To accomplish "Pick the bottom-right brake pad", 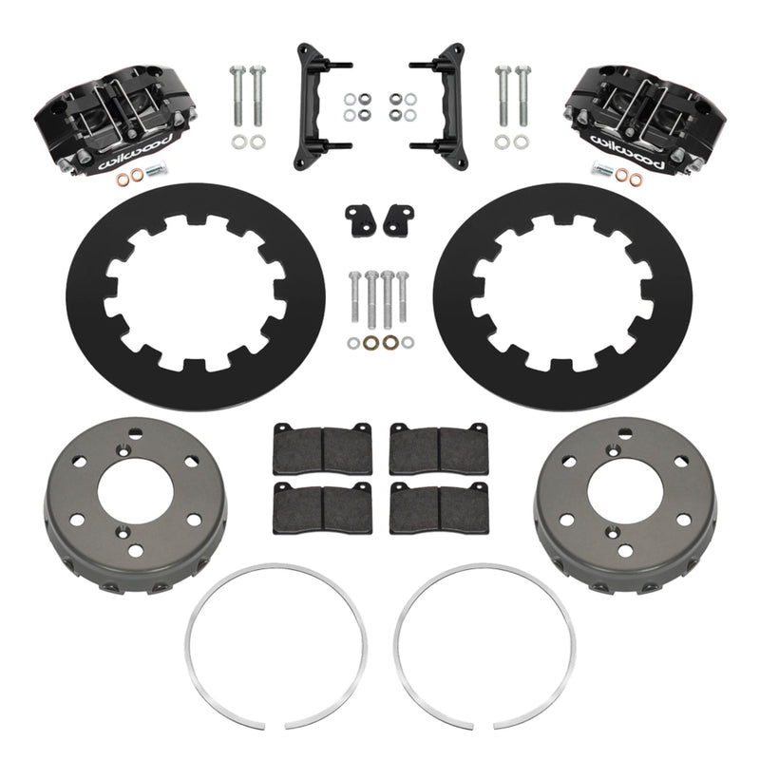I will [438, 509].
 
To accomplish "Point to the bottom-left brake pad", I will [310, 509].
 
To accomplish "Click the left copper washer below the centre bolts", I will [370, 341].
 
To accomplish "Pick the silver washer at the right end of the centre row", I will [408, 341].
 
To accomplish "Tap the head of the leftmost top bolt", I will [235, 70].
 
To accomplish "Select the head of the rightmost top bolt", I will [523, 70].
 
